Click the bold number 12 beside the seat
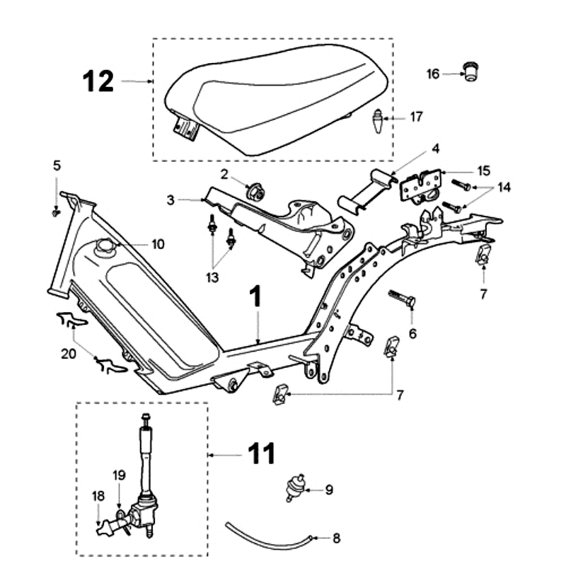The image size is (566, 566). [x=99, y=81]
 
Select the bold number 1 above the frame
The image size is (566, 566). [x=256, y=297]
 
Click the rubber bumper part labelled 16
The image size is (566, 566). [x=468, y=71]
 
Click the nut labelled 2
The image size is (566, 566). [x=253, y=191]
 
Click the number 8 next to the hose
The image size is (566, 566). [x=336, y=538]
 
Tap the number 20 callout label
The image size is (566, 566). [x=68, y=354]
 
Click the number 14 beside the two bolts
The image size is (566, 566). [x=504, y=187]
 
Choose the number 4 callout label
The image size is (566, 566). [x=436, y=149]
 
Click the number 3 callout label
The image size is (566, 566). [x=171, y=200]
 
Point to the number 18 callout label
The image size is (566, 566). [x=97, y=496]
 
